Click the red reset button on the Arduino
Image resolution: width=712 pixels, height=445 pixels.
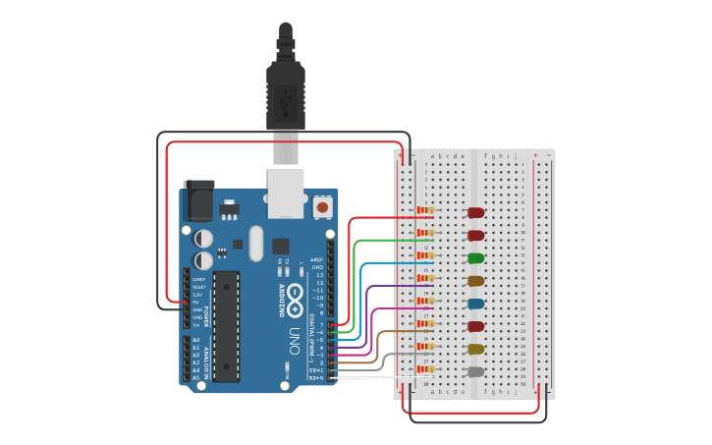tap(322, 207)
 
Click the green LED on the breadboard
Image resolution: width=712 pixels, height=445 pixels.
tap(475, 258)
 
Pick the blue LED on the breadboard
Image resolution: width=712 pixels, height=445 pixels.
tap(475, 304)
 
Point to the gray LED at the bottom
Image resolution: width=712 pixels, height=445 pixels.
tap(475, 371)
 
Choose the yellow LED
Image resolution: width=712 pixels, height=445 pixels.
tap(475, 349)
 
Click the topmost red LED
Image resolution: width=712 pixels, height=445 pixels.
tap(475, 212)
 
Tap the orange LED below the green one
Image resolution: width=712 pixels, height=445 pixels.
tap(475, 281)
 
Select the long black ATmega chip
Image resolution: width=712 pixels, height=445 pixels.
tap(227, 325)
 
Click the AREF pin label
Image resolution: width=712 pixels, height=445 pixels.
tap(317, 259)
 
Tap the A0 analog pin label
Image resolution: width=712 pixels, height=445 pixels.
tap(195, 339)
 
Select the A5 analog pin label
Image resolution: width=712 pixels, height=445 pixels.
tap(195, 377)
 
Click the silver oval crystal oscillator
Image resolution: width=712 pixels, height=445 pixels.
tap(256, 243)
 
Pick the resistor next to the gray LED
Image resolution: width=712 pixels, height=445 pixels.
tap(425, 369)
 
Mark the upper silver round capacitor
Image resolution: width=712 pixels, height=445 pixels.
tap(203, 238)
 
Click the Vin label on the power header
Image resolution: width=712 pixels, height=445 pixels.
tap(196, 324)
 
